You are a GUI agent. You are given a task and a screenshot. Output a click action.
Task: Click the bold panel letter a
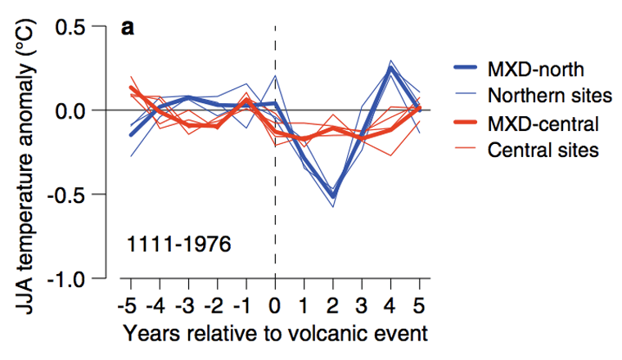click(x=128, y=28)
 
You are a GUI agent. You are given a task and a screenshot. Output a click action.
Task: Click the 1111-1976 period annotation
click(x=178, y=243)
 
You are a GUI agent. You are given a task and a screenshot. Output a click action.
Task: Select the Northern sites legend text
click(x=549, y=96)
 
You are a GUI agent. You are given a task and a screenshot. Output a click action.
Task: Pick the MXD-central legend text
click(x=543, y=124)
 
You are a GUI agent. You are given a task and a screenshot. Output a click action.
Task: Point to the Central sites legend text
click(x=543, y=151)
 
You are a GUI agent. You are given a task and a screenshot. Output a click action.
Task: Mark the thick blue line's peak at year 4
click(x=391, y=69)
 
